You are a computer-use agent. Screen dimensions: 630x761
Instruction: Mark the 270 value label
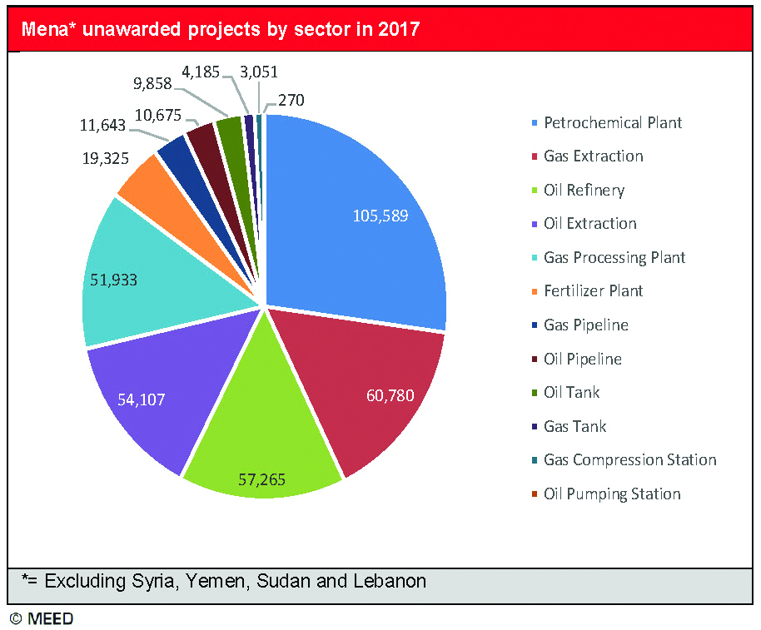coord(291,101)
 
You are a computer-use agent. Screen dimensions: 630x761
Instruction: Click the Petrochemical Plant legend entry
coord(612,123)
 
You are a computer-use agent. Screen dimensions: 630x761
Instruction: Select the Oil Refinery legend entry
coord(583,191)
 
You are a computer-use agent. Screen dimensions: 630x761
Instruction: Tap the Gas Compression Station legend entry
coord(629,460)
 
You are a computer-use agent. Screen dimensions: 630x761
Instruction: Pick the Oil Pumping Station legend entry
coord(611,494)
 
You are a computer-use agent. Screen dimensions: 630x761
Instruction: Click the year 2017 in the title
coord(399,30)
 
